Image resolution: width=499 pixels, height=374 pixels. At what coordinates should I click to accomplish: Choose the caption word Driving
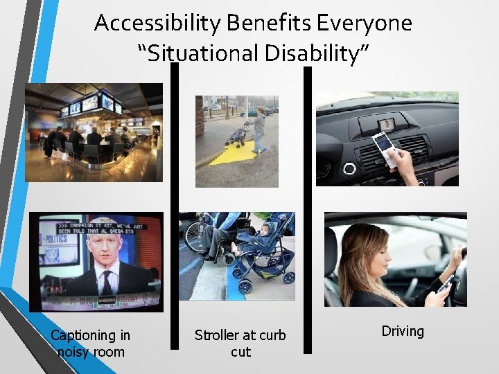pyautogui.click(x=403, y=331)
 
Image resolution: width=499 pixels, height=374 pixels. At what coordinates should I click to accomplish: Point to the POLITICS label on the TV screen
pyautogui.click(x=58, y=239)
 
